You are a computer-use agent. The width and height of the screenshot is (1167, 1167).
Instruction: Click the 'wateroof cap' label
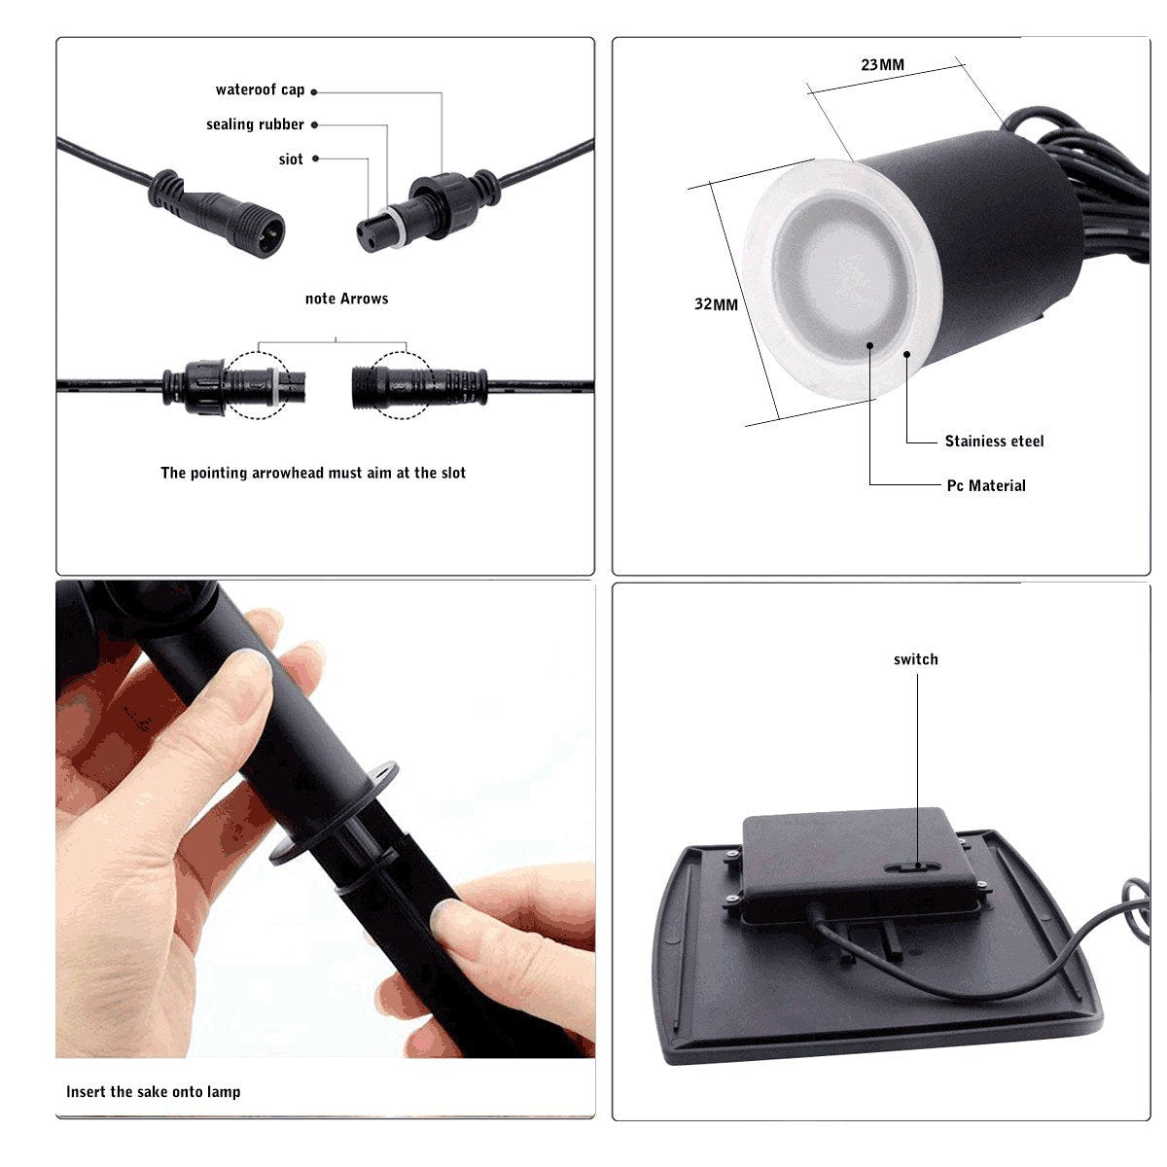260,90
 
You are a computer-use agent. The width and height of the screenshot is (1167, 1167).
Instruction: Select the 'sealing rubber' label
255,124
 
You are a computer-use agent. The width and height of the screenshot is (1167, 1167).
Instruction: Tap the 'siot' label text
291,159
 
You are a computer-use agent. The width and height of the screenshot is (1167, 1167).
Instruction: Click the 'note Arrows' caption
346,299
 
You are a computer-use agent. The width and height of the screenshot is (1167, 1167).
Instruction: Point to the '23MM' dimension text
882,65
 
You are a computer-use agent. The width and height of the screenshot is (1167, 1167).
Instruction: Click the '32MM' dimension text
716,304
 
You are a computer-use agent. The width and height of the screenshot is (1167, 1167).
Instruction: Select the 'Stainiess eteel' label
994,442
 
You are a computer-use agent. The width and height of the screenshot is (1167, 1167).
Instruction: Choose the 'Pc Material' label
986,486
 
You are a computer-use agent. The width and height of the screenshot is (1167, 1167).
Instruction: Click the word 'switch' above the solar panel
916,659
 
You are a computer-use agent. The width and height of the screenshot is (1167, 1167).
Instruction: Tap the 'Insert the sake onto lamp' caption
154,1092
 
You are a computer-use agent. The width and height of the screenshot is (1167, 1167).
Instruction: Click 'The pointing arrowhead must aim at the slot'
313,473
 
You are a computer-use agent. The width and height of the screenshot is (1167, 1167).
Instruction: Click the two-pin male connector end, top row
271,231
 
